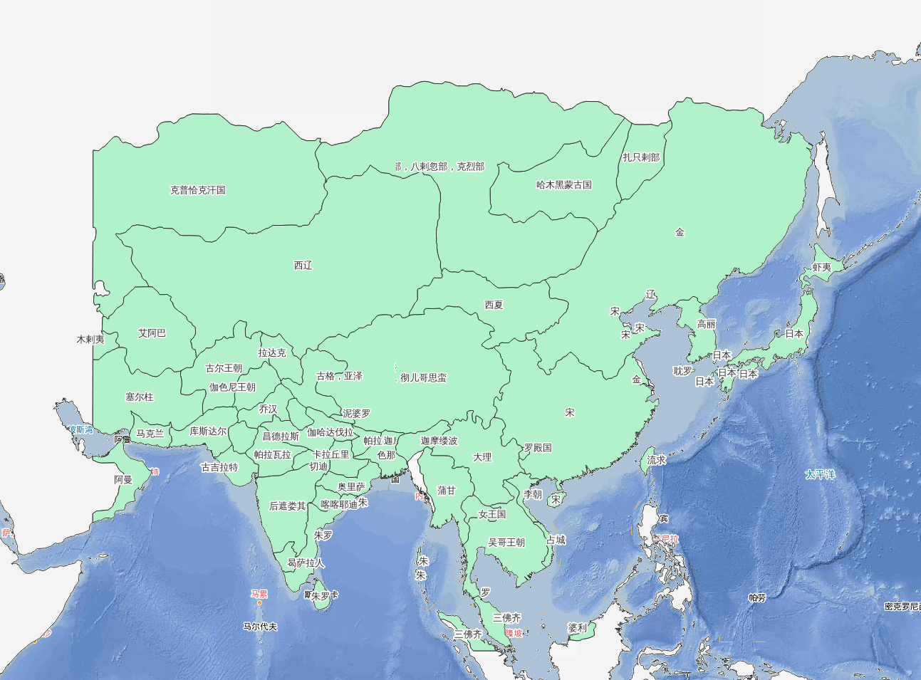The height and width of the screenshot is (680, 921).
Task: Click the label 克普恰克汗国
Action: coord(197,190)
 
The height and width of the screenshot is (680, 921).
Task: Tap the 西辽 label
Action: coord(303,265)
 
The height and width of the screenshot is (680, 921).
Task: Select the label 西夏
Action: coord(494,305)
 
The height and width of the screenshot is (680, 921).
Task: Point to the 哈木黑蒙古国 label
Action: coord(563,184)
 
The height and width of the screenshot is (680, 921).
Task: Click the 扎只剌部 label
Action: coord(641,157)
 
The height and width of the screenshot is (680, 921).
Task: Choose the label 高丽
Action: coord(706,324)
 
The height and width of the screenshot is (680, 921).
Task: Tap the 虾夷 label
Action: coord(821,267)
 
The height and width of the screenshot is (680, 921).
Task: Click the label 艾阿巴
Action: coord(152,333)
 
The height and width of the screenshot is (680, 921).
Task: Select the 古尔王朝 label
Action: coord(224,368)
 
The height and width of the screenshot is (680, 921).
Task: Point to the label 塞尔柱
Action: coord(139,397)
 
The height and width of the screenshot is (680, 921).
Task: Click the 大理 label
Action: coord(482,456)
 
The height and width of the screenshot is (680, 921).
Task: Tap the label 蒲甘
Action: coord(447,490)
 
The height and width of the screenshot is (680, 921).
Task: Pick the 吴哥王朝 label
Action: coord(506,542)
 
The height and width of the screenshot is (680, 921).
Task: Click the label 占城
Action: coord(556,540)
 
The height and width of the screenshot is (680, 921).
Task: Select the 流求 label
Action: coord(656,460)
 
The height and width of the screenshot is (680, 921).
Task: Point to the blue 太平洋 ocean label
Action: coord(819,474)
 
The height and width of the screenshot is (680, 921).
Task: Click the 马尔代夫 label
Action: coord(259,627)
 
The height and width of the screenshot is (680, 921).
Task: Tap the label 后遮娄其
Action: coord(287,506)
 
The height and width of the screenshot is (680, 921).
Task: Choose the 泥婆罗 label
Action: coord(356,413)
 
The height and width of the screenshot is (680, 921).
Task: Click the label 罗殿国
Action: coord(538,448)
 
